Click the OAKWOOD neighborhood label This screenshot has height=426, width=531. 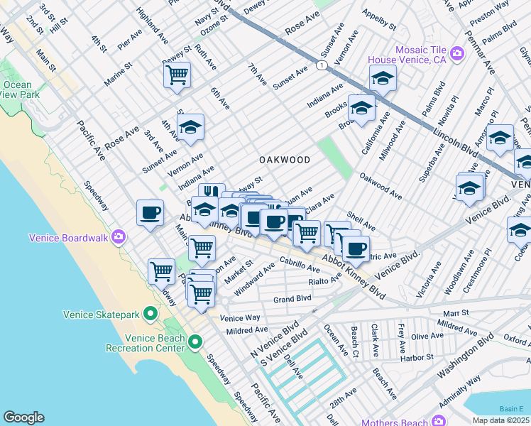(284, 160)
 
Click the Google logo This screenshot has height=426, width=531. (23, 417)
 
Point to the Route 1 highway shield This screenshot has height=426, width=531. (322, 65)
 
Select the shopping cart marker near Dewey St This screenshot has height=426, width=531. (176, 75)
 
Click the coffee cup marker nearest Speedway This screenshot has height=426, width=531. (150, 212)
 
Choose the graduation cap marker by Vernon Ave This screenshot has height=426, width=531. (190, 128)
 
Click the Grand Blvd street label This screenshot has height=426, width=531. (292, 300)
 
